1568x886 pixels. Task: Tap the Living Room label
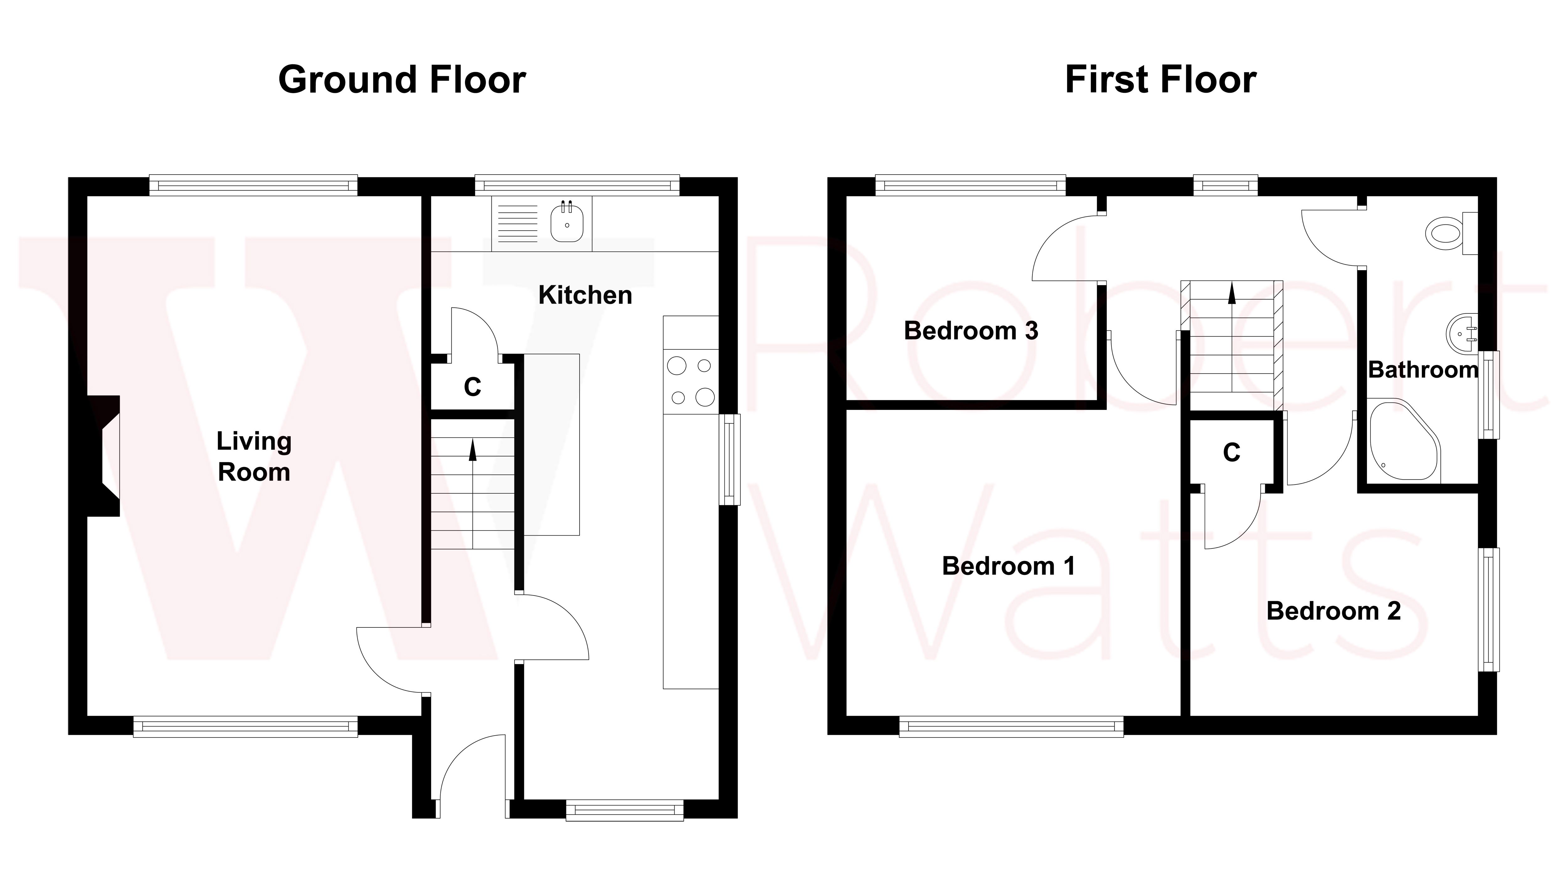[254, 456]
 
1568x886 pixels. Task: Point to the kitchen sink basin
[567, 223]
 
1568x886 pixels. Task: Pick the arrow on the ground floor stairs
[472, 450]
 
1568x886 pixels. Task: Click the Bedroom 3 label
[971, 331]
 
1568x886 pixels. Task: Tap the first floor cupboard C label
[1232, 452]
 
